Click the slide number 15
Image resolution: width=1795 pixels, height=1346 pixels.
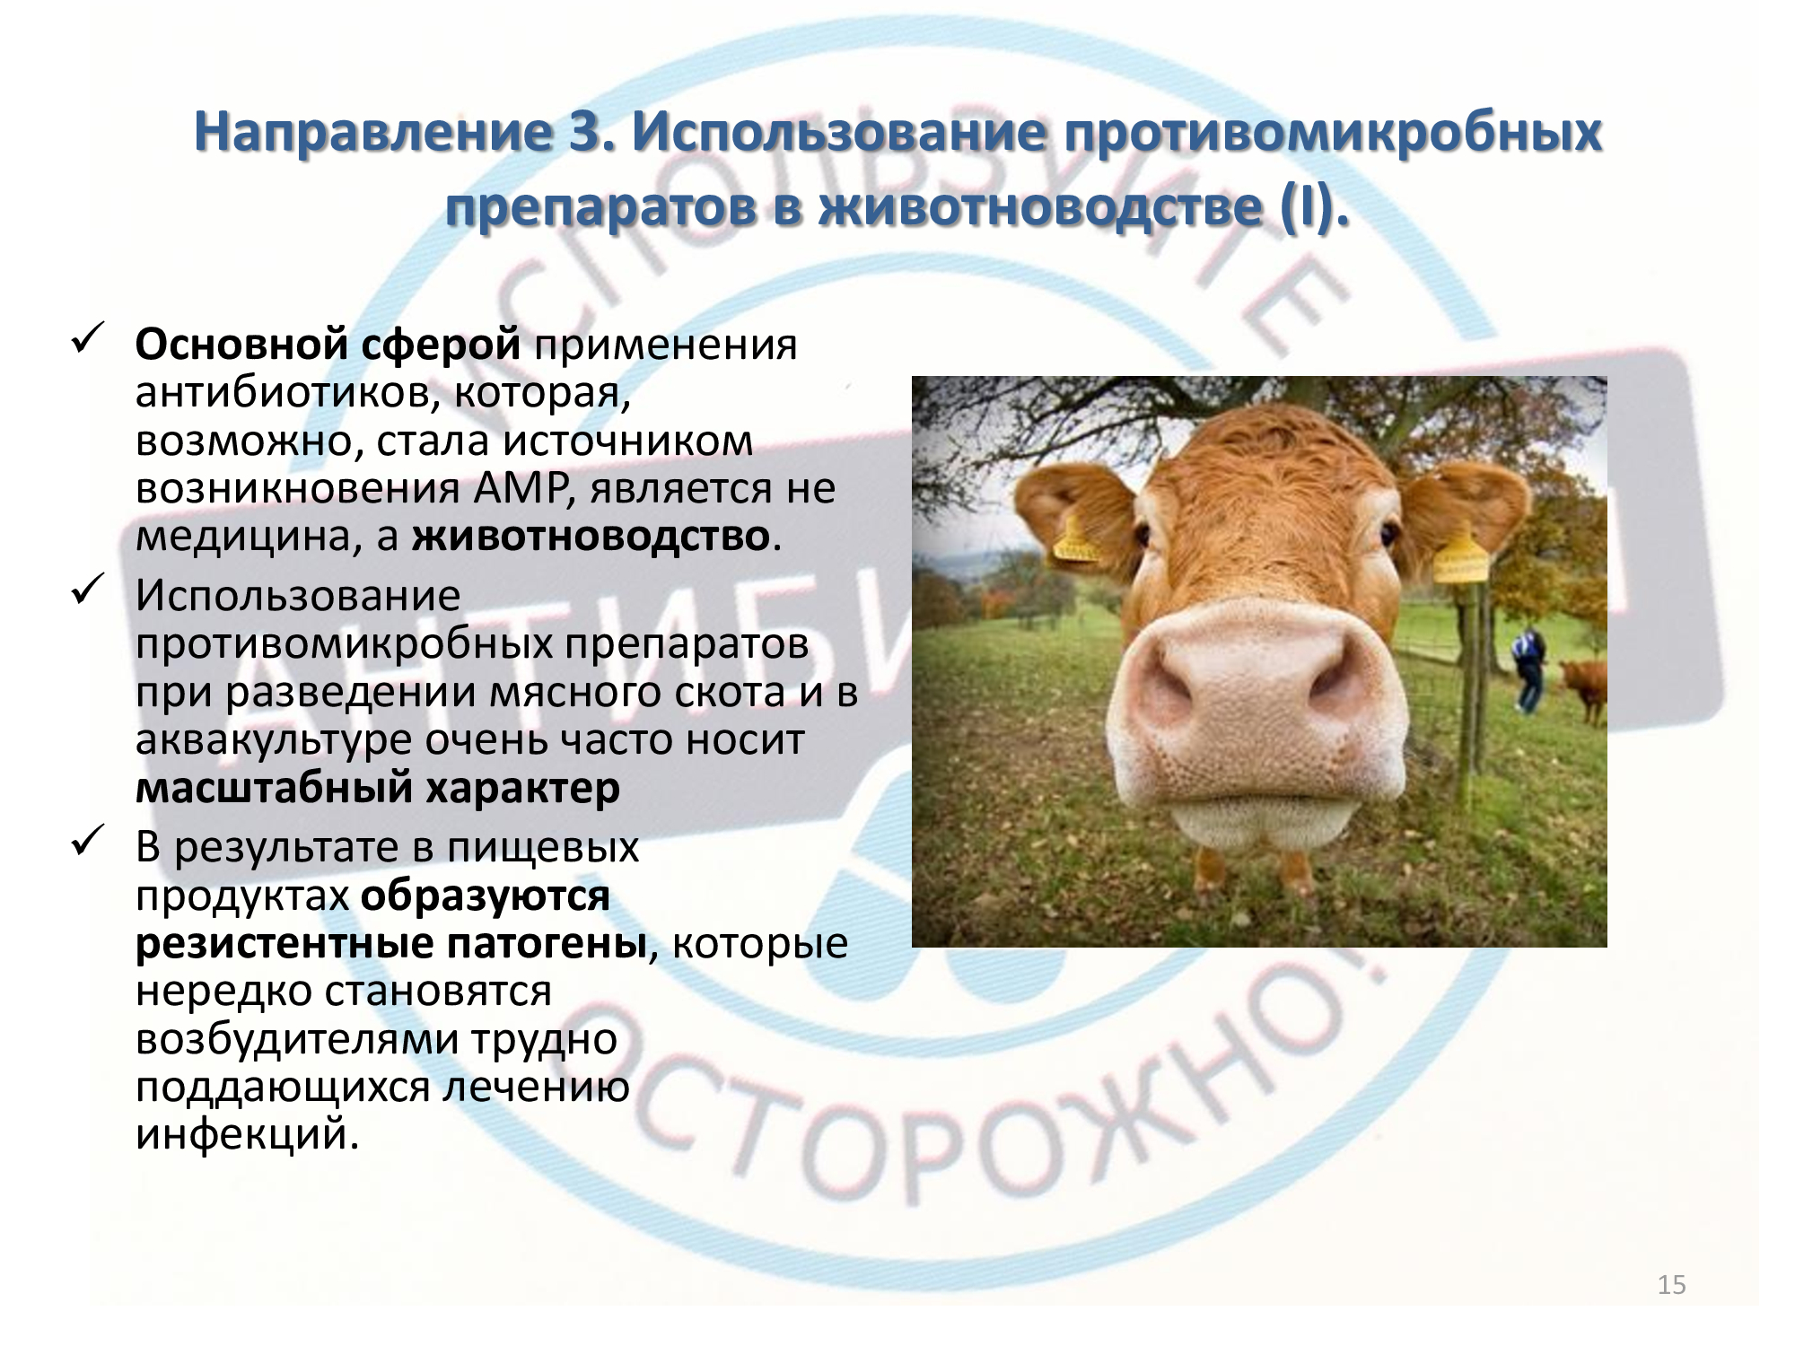pyautogui.click(x=1671, y=1285)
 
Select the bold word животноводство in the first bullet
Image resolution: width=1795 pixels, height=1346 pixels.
pyautogui.click(x=591, y=536)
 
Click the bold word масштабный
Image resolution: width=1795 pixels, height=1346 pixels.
pyautogui.click(x=274, y=788)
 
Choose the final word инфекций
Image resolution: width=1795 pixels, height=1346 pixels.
pyautogui.click(x=247, y=1134)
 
